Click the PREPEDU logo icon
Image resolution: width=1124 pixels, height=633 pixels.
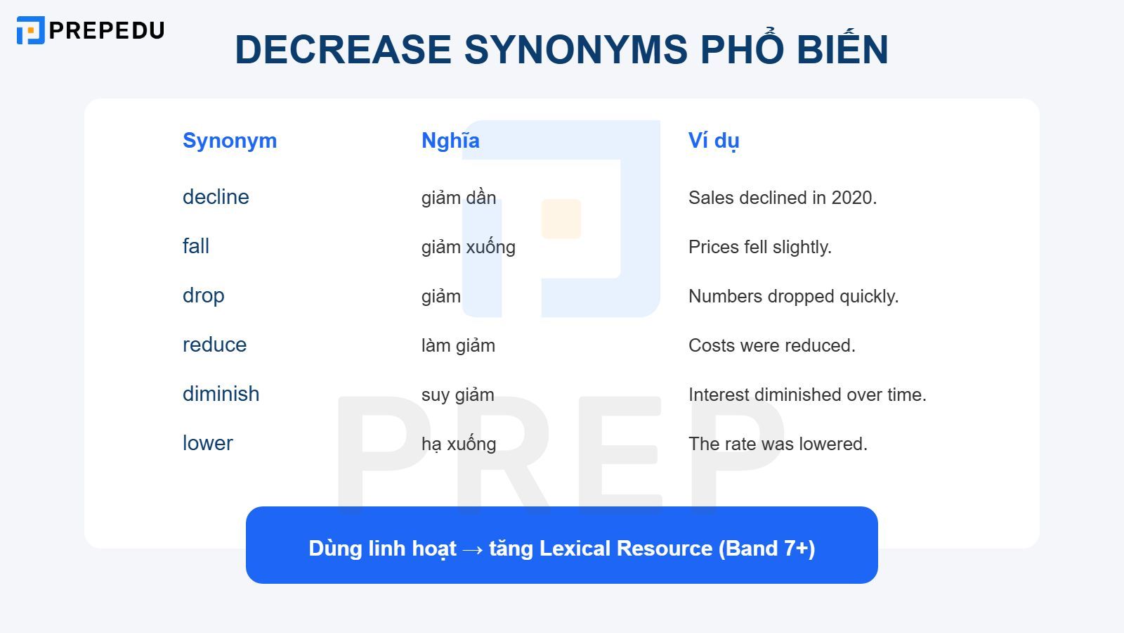coord(30,30)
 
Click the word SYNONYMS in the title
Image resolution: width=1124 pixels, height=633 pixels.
coord(575,49)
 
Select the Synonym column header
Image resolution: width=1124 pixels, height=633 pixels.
coord(230,141)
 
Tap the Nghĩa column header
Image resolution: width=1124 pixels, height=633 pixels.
coord(450,141)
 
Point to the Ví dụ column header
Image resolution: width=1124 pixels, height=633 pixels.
coord(714,141)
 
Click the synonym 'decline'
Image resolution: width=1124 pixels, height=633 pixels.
coord(216,197)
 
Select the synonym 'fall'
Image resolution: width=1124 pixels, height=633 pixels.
coord(196,246)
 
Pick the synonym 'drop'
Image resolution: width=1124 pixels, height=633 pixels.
coord(204,295)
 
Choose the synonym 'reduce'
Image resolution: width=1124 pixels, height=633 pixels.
coord(214,345)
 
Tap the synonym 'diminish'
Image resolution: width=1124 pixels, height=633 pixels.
coord(221,394)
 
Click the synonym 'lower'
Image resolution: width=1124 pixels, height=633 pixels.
coord(207,443)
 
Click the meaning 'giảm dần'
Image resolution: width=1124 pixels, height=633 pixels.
coord(459,198)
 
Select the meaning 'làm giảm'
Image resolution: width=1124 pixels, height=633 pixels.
coord(458,345)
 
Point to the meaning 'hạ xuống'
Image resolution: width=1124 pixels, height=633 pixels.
coord(459,444)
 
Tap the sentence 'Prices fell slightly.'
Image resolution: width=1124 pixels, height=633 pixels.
coord(759,247)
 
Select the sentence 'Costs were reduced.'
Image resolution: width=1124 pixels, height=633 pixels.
coord(771,345)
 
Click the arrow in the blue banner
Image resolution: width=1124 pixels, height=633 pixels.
coord(473,549)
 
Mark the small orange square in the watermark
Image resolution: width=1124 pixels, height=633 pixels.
coord(561,219)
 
